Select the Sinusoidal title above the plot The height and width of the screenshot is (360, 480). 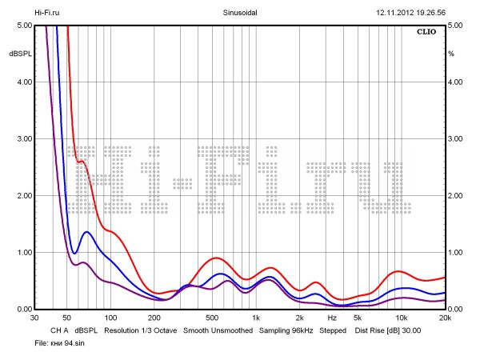click(239, 14)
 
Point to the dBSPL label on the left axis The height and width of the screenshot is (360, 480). click(19, 54)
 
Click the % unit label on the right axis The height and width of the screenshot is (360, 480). click(451, 54)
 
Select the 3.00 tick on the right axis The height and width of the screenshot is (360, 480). click(456, 139)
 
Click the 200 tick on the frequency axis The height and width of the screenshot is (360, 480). click(156, 318)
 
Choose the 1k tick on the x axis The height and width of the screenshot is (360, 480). click(256, 318)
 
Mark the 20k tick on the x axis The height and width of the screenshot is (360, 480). click(444, 318)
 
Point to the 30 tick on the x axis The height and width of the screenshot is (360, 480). click(34, 318)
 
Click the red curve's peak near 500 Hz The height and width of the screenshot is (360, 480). click(216, 258)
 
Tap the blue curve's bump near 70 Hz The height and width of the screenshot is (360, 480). click(86, 232)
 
